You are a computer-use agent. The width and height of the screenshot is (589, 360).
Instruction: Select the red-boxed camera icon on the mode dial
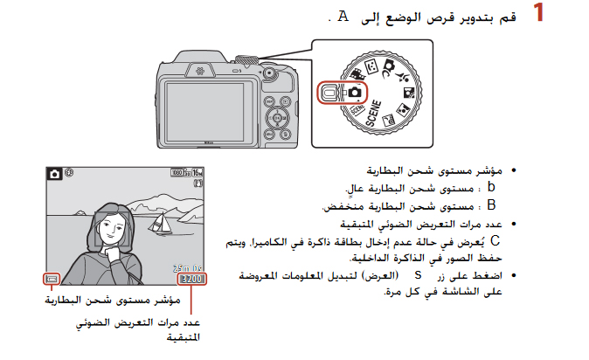click(x=355, y=92)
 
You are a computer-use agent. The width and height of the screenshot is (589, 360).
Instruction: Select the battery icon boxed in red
click(x=53, y=280)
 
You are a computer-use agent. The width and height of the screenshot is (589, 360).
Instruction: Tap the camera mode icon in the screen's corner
click(x=55, y=174)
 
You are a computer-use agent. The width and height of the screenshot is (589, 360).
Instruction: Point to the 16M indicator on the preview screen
click(x=197, y=172)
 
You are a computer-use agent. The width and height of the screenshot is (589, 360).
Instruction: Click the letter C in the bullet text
click(x=495, y=239)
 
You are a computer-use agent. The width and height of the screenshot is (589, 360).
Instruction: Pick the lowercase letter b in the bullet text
click(x=492, y=187)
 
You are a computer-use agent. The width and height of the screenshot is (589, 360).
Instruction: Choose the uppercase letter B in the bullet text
click(x=491, y=205)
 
